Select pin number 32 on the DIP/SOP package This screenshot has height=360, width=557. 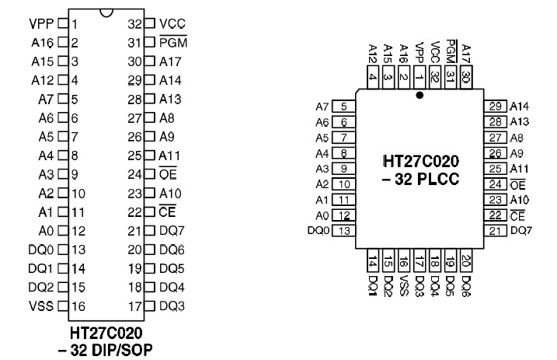coord(134,24)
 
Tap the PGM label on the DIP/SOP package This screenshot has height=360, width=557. coord(173,43)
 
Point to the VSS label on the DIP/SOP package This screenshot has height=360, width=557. coord(42,306)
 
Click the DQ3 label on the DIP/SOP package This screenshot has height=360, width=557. coord(173,306)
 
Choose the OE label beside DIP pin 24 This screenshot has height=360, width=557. coord(167,174)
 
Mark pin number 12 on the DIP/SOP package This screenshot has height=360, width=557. coord(78,231)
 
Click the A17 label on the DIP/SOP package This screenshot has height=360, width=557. coord(172,61)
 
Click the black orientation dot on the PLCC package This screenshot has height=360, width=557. coord(419,96)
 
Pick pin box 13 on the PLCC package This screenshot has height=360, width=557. coord(343,231)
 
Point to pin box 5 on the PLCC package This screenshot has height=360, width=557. coord(343,106)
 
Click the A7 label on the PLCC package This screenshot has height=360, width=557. coord(322,107)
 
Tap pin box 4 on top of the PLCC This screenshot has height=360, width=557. coord(374,76)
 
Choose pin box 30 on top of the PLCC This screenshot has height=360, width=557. coord(466,76)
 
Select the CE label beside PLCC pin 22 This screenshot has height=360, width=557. coord(516,215)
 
